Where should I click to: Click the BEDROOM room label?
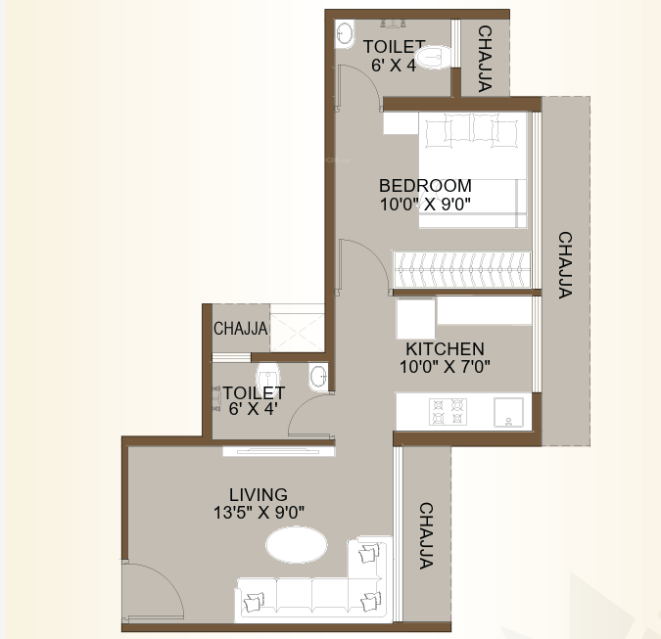point(425,185)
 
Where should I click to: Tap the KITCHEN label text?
point(445,348)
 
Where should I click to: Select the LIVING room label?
point(259,494)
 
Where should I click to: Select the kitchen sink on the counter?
point(509,412)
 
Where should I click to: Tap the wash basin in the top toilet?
point(344,35)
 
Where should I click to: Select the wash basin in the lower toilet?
point(318,375)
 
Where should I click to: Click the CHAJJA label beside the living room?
point(426,535)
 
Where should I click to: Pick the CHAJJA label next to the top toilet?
point(485,58)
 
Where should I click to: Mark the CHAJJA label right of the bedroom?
point(565,264)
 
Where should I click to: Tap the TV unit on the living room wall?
point(278,450)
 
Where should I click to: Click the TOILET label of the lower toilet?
point(254,392)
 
